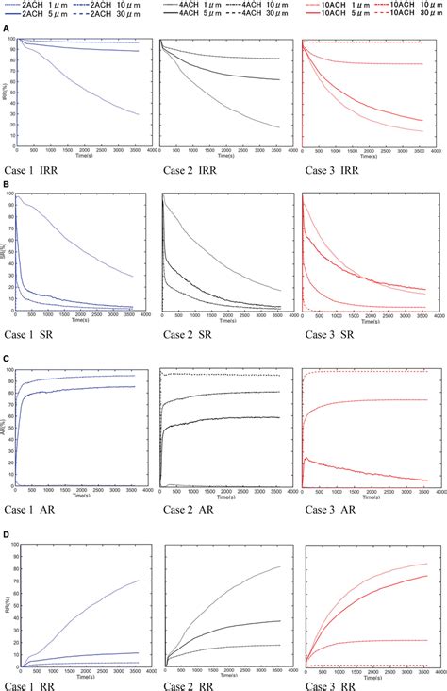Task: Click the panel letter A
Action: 7,29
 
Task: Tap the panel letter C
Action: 7,359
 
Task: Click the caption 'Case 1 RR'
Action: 36,683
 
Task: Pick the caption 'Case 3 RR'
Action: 329,683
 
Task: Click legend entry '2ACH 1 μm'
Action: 42,6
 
